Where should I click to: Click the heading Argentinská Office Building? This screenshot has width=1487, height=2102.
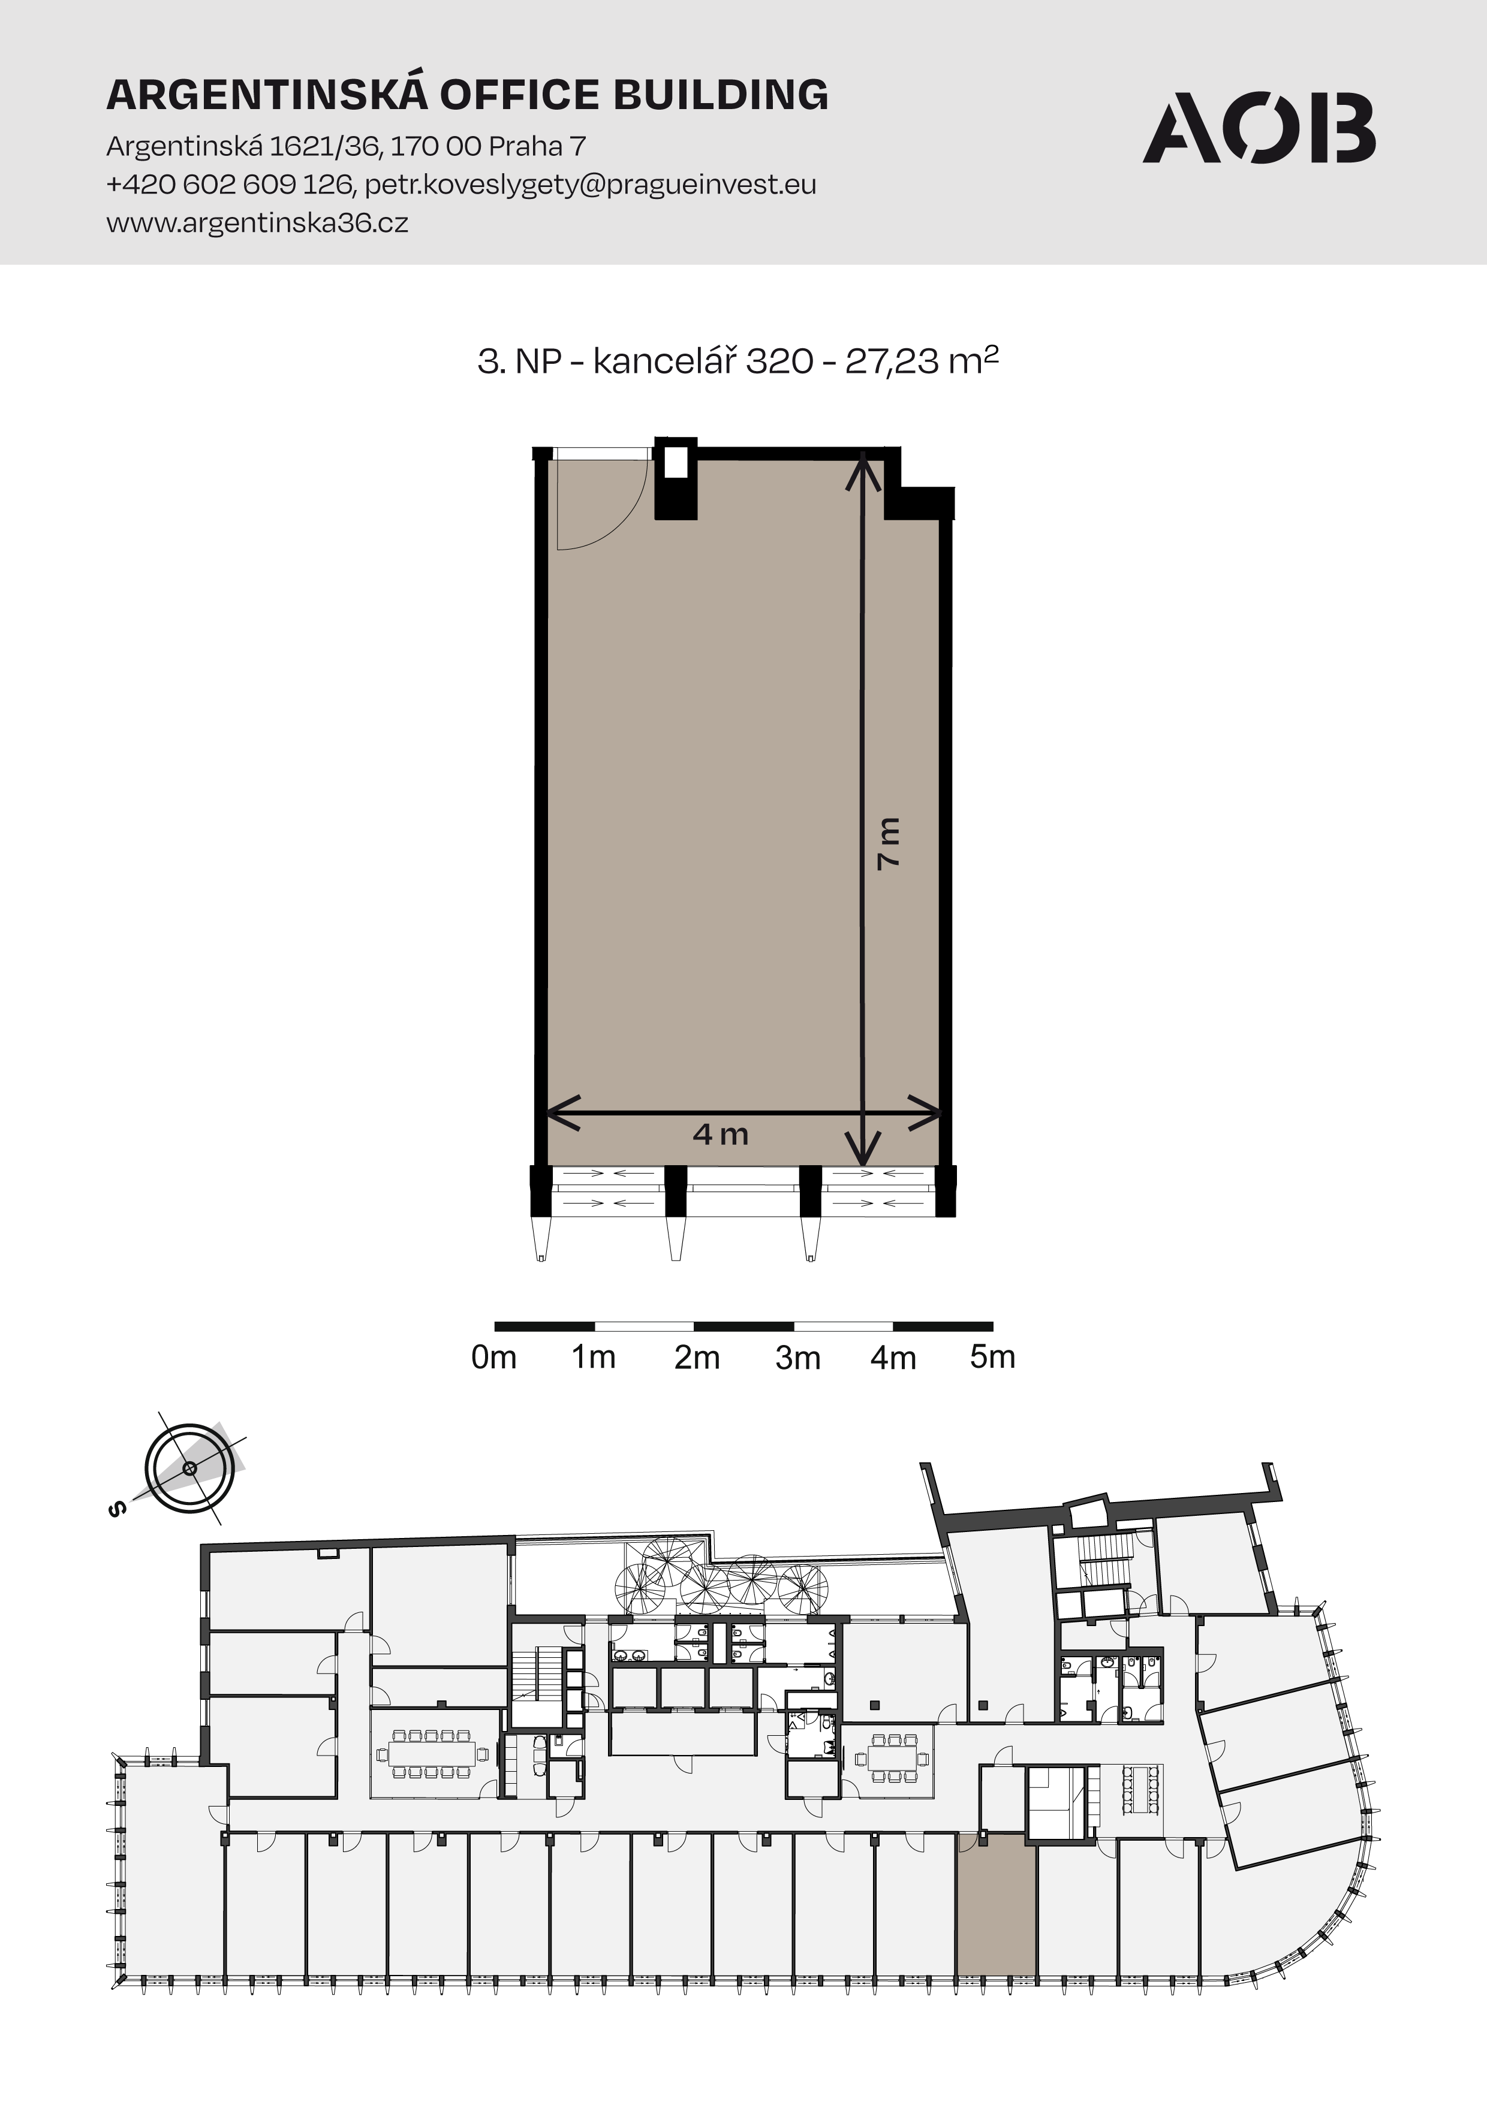(468, 94)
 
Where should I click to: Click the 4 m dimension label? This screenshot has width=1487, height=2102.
(721, 1134)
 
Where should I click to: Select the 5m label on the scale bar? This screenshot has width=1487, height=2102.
(992, 1357)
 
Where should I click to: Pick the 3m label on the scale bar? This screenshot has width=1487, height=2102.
(797, 1358)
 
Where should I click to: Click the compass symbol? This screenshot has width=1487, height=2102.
(189, 1468)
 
